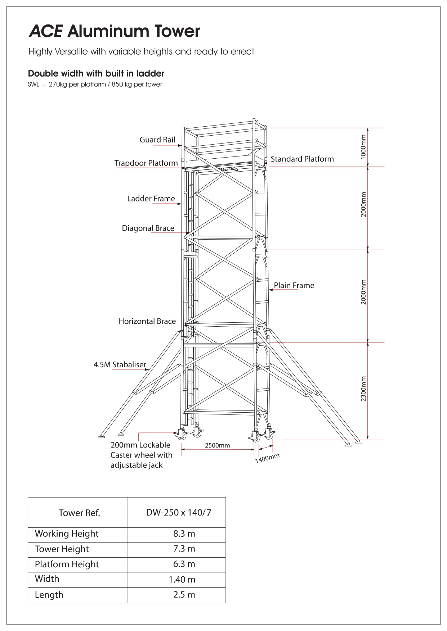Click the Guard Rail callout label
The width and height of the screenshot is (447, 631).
(157, 140)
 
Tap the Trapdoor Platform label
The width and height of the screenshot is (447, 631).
(146, 163)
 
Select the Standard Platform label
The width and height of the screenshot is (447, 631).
(302, 159)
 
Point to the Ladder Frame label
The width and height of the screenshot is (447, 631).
(151, 199)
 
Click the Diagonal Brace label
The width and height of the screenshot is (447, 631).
(148, 228)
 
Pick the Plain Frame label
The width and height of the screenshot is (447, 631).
(294, 286)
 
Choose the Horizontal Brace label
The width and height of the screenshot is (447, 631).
(147, 321)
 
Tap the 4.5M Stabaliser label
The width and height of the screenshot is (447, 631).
(120, 365)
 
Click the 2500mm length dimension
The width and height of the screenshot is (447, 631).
(218, 445)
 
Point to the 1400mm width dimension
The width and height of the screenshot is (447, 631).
(268, 459)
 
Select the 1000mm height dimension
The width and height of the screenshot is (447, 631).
(363, 147)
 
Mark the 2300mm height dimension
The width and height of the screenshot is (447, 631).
(363, 389)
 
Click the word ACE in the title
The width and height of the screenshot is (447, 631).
(45, 32)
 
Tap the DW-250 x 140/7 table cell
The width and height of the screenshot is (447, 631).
(179, 512)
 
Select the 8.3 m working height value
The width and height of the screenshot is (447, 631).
(184, 534)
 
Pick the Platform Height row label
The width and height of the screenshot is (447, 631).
(67, 564)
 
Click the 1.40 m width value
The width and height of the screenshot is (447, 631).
(182, 580)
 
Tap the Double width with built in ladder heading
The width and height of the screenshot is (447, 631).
(96, 74)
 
